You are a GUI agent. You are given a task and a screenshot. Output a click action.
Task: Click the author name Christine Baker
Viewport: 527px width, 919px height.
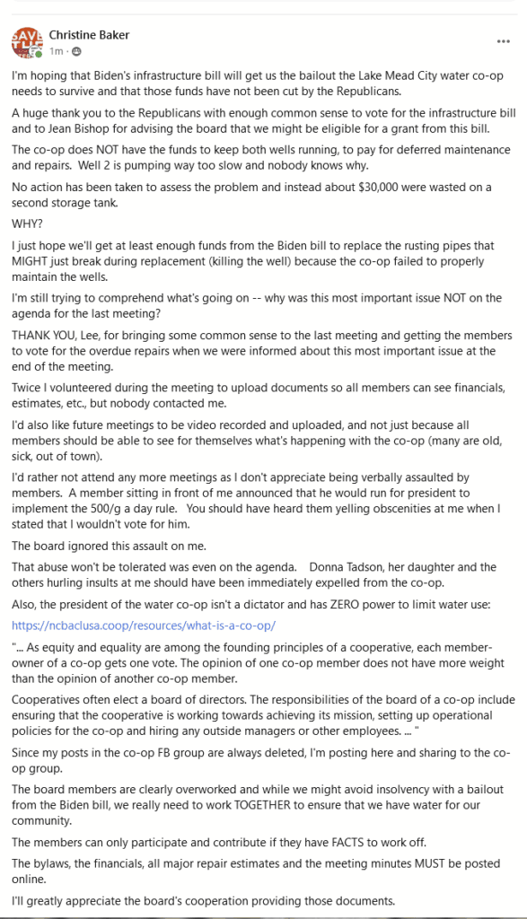(x=89, y=35)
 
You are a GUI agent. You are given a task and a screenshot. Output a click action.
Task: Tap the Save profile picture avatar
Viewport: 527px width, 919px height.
(x=25, y=41)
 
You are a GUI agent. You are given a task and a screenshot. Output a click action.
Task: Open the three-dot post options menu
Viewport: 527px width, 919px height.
(x=503, y=41)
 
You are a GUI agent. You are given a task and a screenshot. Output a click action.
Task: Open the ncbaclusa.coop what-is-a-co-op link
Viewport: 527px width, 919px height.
(x=144, y=625)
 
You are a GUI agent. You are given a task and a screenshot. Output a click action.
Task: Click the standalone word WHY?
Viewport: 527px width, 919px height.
(x=26, y=223)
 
